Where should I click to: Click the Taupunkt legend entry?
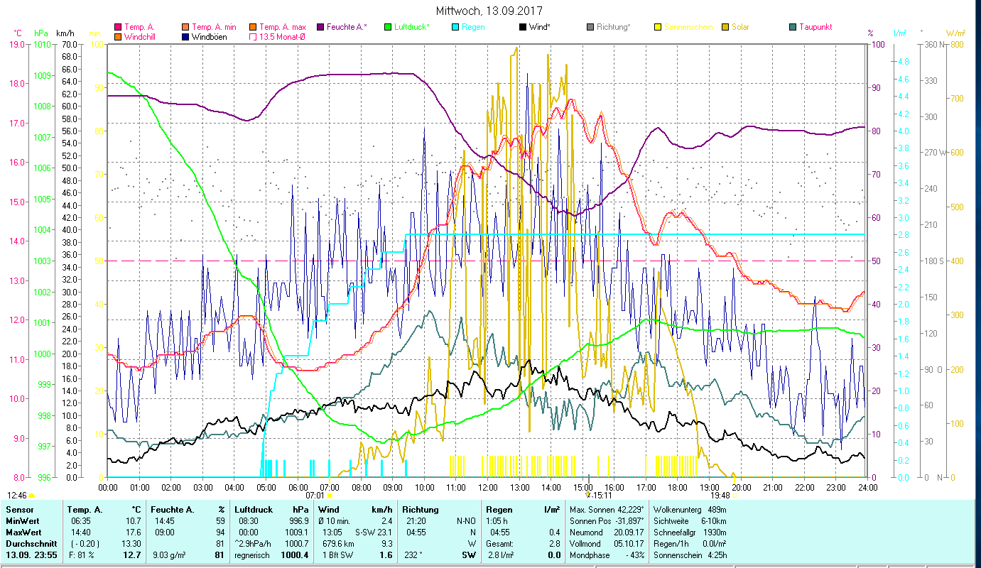[x=815, y=27]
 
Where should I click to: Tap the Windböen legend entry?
[x=210, y=36]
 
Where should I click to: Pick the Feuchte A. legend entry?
[x=347, y=27]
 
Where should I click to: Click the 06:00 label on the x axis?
[x=298, y=487]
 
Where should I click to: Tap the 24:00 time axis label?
[x=867, y=487]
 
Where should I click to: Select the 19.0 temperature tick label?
[x=17, y=45]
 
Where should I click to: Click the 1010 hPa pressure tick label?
[x=42, y=45]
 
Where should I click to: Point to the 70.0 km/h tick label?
[x=69, y=45]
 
